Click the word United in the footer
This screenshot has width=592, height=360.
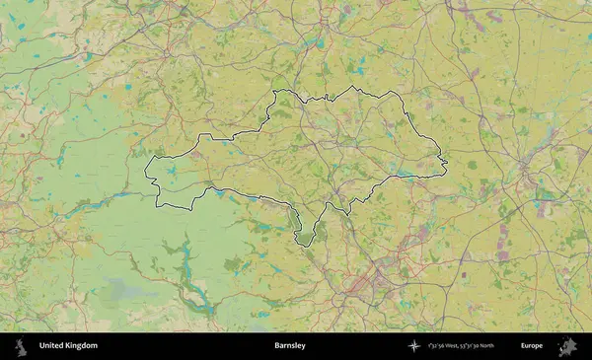click(x=52, y=346)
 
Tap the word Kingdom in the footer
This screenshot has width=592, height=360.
click(x=82, y=346)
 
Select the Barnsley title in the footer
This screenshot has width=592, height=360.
click(x=290, y=346)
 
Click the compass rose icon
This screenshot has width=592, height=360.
click(x=413, y=346)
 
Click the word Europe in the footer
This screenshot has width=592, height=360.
click(x=532, y=346)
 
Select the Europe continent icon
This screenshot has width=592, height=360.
click(x=567, y=346)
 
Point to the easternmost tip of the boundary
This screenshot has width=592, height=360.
click(x=448, y=162)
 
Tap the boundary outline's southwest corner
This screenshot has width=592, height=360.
click(x=161, y=206)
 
